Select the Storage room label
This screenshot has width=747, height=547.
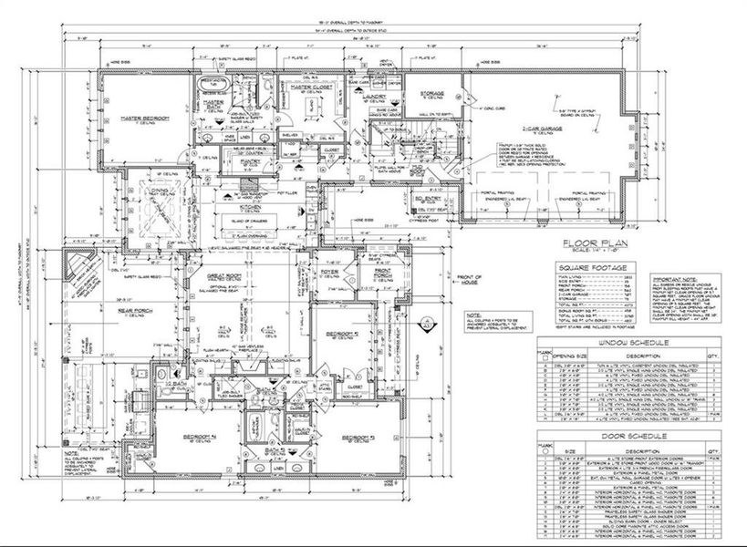click(x=432, y=93)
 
